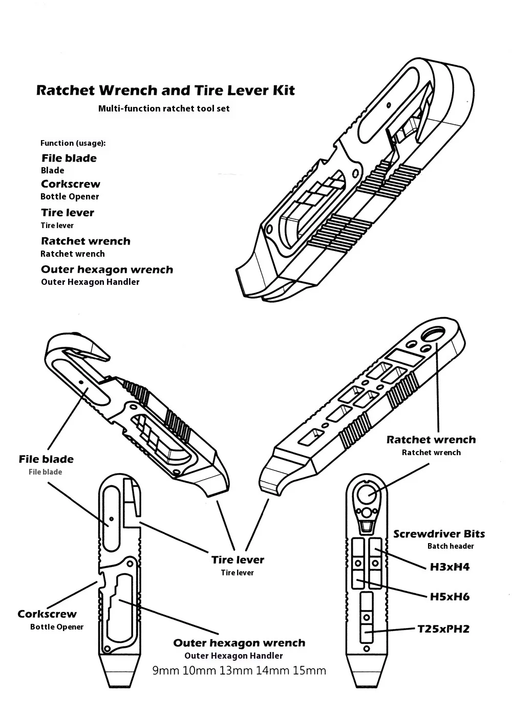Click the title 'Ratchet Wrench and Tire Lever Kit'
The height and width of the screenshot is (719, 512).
(x=165, y=91)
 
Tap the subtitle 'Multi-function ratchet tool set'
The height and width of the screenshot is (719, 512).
(x=164, y=108)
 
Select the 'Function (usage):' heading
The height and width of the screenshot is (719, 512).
(x=73, y=143)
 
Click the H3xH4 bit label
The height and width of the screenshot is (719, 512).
(x=449, y=567)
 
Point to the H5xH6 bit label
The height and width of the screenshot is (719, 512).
(x=449, y=597)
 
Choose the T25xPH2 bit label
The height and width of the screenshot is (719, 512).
(x=443, y=629)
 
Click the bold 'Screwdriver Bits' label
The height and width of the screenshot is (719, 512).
(x=439, y=534)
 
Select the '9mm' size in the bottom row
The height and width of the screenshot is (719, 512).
(x=166, y=670)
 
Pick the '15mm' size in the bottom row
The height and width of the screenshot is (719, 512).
(x=309, y=670)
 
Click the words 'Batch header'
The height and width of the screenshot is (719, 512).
(x=451, y=546)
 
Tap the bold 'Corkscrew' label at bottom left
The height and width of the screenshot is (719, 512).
(x=47, y=614)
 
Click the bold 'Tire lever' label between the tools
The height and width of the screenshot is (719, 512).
(x=238, y=560)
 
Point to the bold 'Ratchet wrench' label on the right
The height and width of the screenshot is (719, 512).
(x=431, y=440)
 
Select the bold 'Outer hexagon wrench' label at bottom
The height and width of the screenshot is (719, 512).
(x=239, y=643)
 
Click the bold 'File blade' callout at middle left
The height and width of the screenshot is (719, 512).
(x=46, y=459)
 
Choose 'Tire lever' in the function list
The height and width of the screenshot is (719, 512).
(x=68, y=213)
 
